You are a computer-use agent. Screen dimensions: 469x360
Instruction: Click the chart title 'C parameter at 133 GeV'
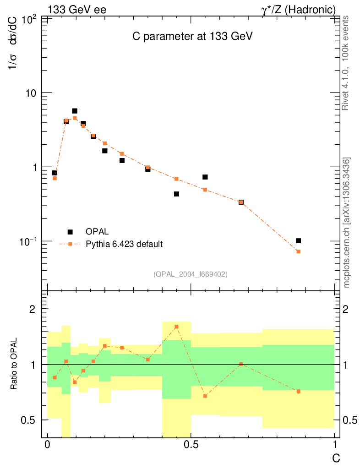coord(190,37)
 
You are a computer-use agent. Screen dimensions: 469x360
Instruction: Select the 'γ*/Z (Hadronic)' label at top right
coord(297,10)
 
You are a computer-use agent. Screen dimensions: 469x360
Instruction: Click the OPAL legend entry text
coord(97,232)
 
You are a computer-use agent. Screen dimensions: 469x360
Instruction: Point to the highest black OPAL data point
coord(75,111)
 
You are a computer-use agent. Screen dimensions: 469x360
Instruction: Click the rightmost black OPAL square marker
coord(299,240)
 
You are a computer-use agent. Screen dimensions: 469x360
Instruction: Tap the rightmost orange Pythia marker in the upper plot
coord(299,251)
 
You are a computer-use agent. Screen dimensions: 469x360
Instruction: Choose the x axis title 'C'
coord(336,458)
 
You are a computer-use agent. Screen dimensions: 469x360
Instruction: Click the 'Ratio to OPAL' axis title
coord(14,364)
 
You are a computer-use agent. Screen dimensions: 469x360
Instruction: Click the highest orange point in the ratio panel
coord(176,327)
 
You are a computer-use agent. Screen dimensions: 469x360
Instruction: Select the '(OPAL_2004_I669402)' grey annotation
coord(191,274)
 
